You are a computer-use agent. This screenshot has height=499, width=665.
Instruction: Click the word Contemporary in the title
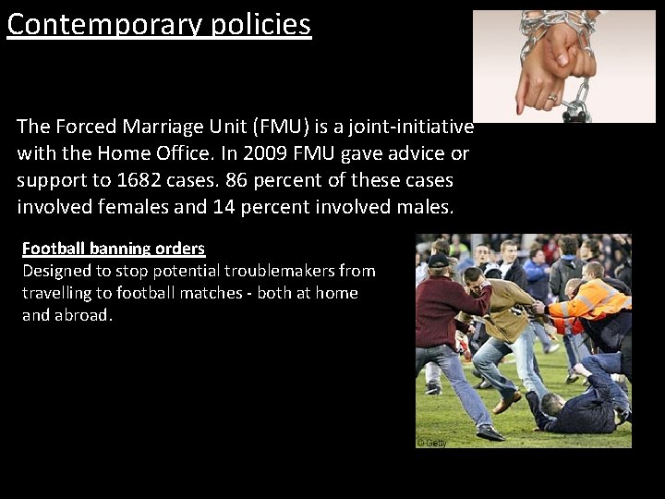point(102,24)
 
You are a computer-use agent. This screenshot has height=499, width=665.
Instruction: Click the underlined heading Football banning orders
point(114,249)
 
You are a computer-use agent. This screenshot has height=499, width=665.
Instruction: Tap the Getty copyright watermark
point(432,443)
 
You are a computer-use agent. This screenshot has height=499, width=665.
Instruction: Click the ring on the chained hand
point(552,97)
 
